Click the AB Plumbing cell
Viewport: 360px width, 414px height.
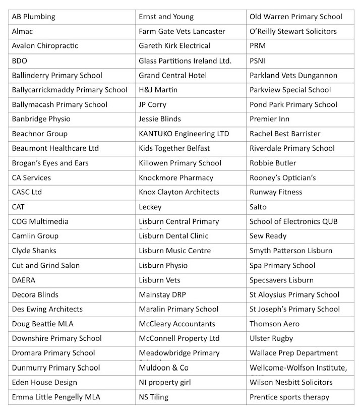point(33,17)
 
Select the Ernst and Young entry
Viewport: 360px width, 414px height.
point(166,17)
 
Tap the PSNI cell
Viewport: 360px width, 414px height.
point(258,61)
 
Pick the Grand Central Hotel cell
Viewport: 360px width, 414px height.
point(172,75)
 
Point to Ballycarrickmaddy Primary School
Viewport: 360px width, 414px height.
point(70,90)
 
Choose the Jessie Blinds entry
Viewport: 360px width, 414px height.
point(160,119)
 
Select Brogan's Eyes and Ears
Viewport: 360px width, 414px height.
point(50,163)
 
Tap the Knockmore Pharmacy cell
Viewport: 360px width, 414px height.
point(176,178)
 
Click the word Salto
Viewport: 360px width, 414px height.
point(258,207)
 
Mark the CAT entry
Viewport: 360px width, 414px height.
point(18,207)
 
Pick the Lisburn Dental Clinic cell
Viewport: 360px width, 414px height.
point(173,236)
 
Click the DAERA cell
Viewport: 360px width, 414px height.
point(23,280)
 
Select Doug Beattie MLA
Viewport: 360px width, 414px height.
point(42,324)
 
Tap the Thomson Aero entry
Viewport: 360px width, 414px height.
point(274,324)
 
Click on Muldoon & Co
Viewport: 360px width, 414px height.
point(163,368)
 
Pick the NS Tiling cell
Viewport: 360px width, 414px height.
point(153,397)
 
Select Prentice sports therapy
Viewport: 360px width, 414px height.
point(289,397)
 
